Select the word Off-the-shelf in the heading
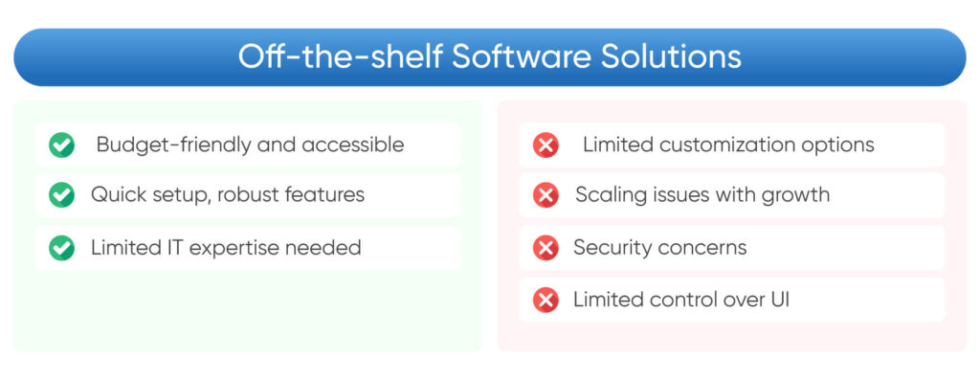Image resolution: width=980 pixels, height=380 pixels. [x=341, y=56]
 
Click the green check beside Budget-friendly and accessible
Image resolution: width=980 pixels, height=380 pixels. [x=62, y=145]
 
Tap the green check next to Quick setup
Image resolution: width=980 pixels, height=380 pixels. [x=62, y=195]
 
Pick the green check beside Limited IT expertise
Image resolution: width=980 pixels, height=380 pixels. [x=62, y=248]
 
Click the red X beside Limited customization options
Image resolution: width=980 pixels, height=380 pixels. [x=546, y=145]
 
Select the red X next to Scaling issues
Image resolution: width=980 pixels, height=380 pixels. [x=546, y=195]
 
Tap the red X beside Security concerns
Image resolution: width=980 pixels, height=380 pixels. [x=546, y=248]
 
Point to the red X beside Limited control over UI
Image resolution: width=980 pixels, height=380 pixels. [x=546, y=301]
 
